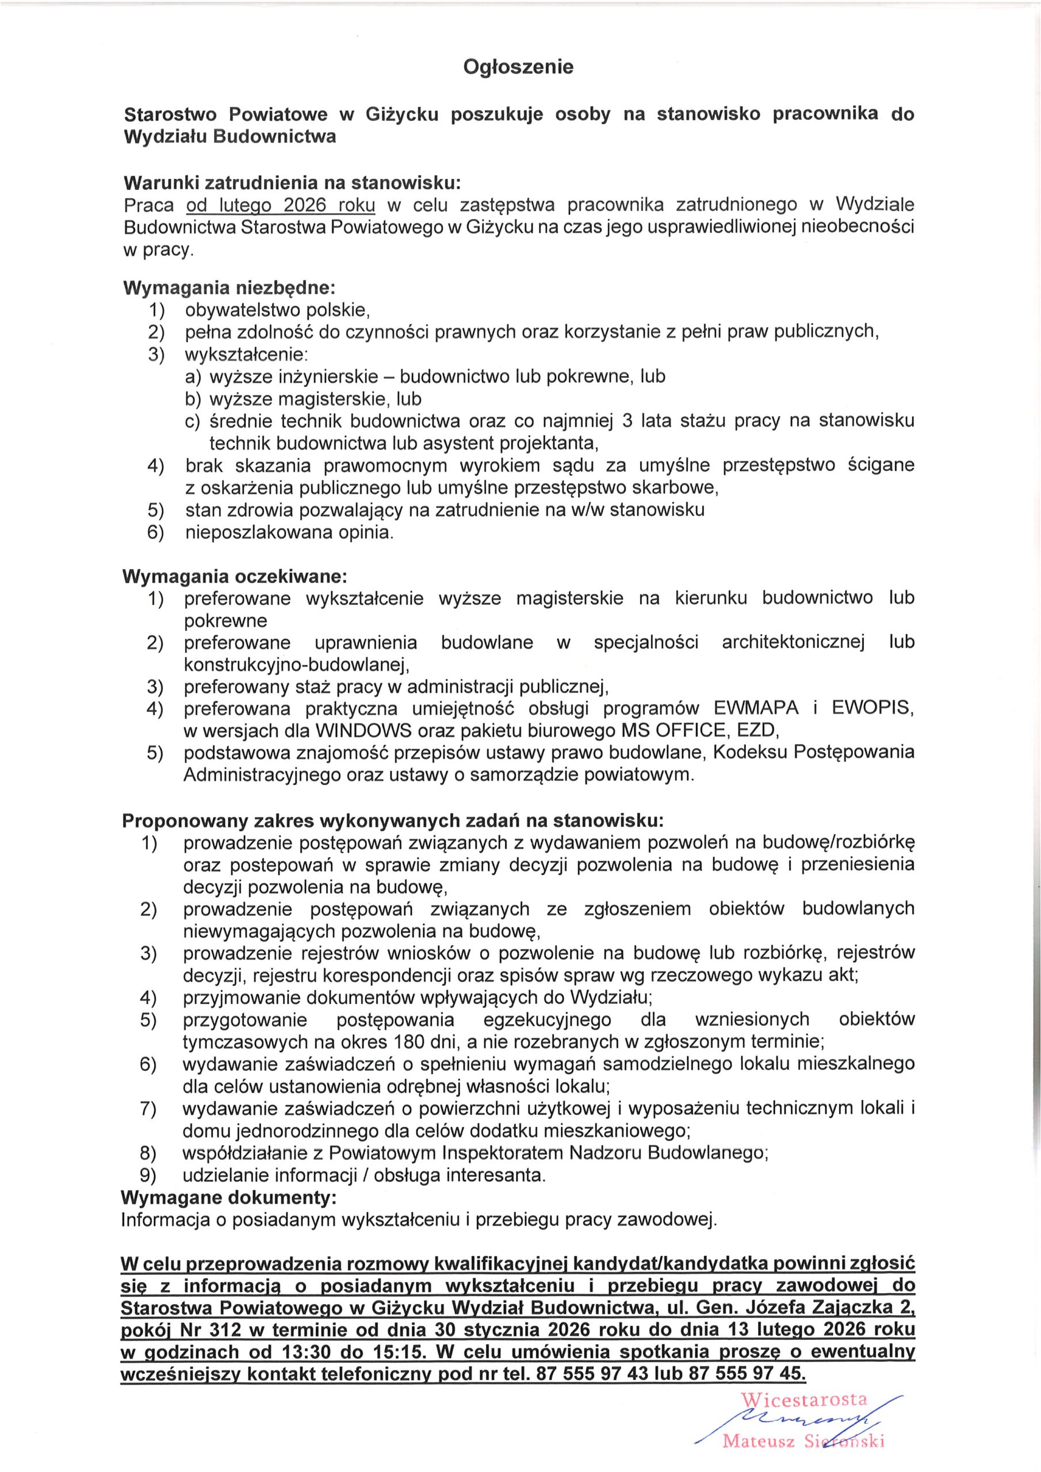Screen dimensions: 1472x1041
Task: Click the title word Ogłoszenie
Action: tap(518, 67)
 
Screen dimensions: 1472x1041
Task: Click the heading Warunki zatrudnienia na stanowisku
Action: tap(292, 183)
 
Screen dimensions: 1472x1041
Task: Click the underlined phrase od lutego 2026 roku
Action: tap(280, 205)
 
